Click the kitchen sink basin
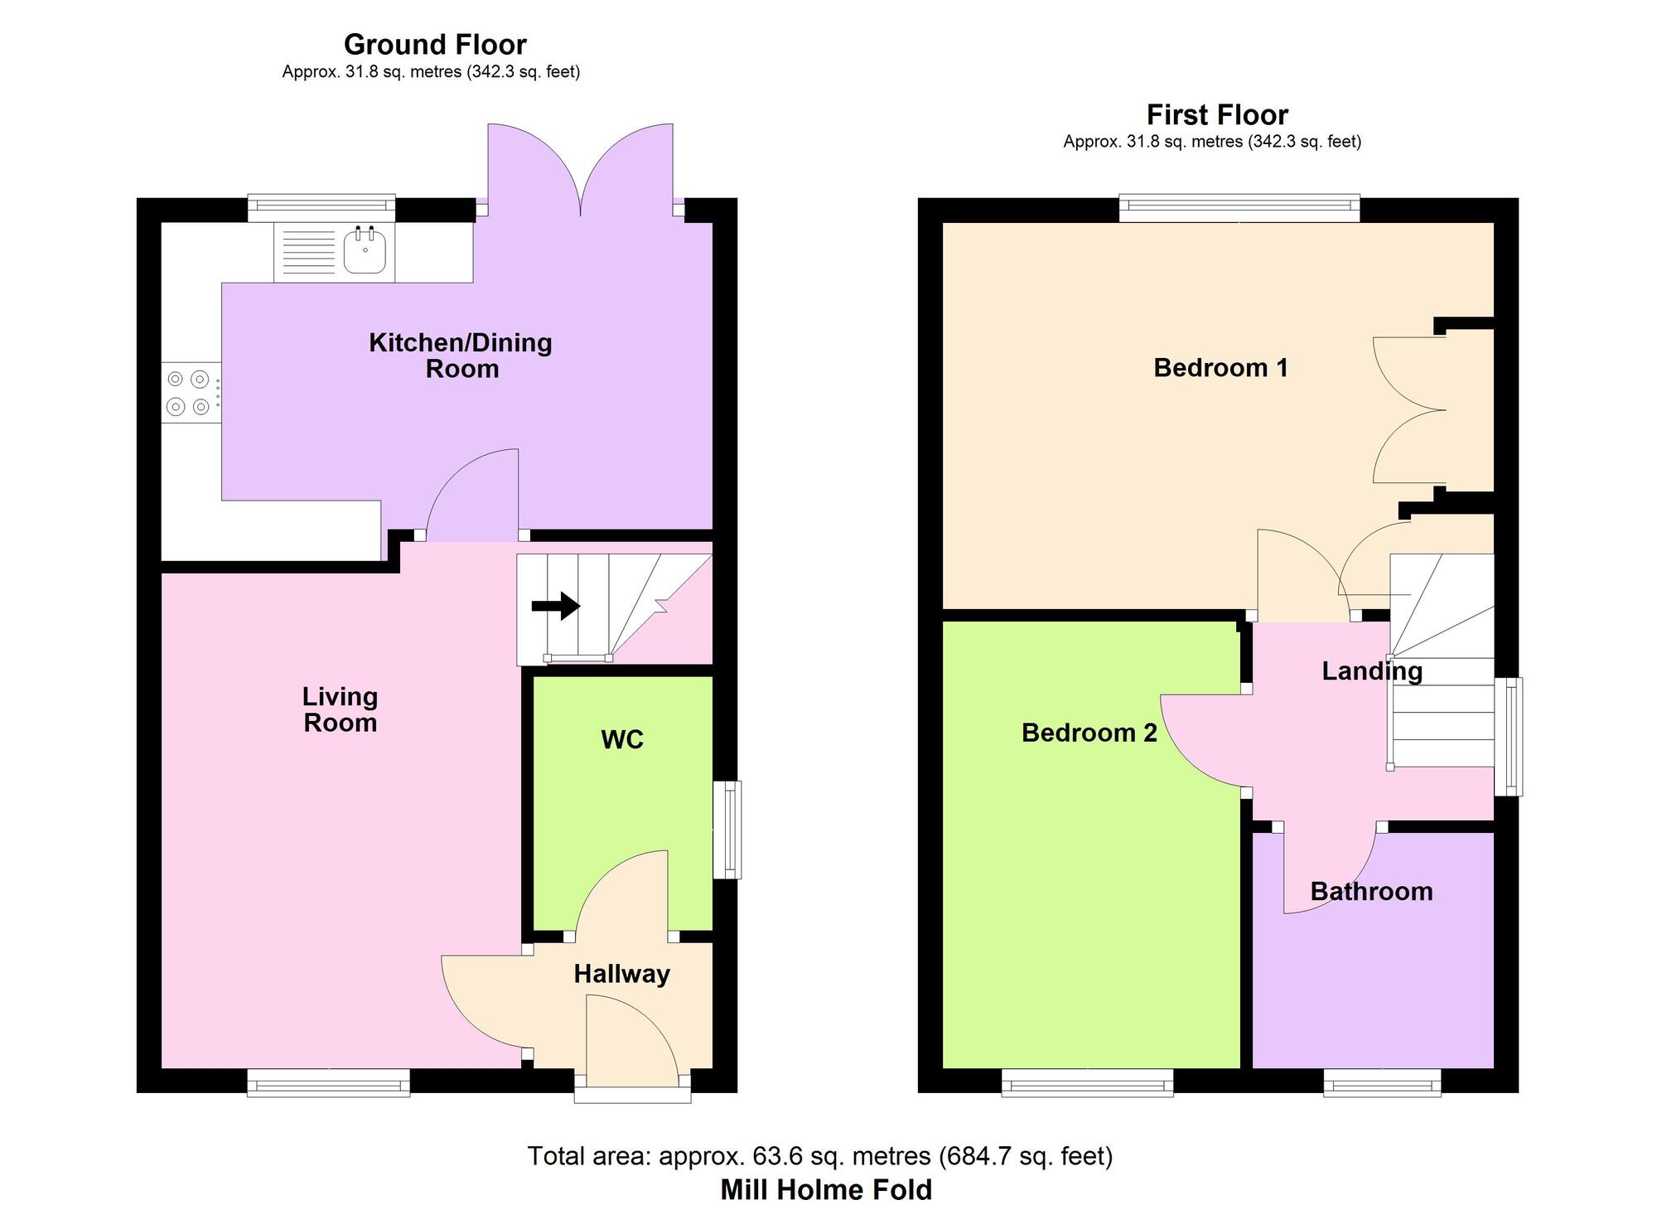[365, 252]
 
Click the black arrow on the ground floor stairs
[555, 606]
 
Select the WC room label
[622, 739]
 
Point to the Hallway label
[621, 974]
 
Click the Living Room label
[340, 709]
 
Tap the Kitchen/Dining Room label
[461, 356]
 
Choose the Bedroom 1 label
[1220, 367]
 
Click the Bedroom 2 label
[1089, 733]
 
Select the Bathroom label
[1371, 892]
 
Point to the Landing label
[1372, 671]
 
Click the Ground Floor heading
[435, 44]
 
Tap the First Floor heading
[1217, 114]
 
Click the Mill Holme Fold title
[826, 1190]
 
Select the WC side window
[727, 830]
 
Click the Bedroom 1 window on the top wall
[1239, 208]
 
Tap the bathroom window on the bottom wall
[1382, 1082]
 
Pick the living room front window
[329, 1082]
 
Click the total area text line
[820, 1155]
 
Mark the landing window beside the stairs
[1509, 737]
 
